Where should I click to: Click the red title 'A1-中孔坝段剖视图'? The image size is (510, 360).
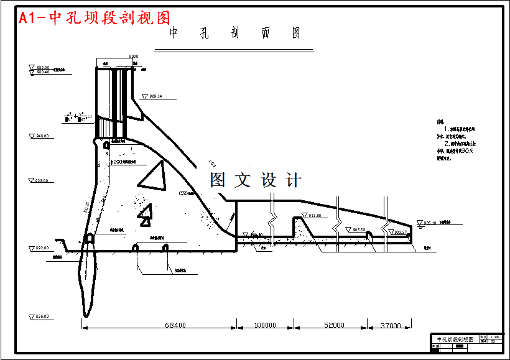click(x=94, y=17)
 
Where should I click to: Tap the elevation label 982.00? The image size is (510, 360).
click(x=44, y=67)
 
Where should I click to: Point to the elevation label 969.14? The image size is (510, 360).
click(x=153, y=96)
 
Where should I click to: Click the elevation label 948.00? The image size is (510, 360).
click(x=40, y=136)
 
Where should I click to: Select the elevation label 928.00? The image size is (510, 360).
click(x=40, y=181)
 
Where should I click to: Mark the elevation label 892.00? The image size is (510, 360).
click(x=40, y=248)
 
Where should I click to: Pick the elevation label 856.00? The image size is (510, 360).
click(x=40, y=316)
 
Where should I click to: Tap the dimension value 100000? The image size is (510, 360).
click(x=265, y=325)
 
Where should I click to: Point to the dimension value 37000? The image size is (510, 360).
click(x=391, y=325)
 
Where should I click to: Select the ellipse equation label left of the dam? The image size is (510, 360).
click(x=78, y=116)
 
